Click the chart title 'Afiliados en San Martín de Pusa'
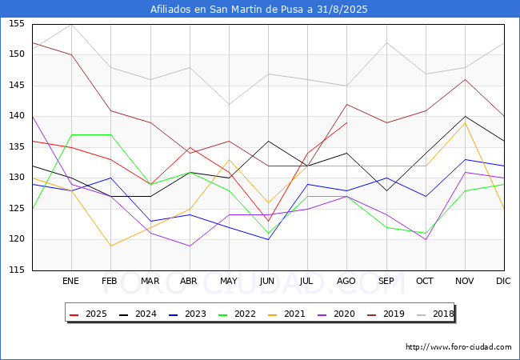(x=259, y=9)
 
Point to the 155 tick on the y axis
(x=16, y=24)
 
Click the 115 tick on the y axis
(x=16, y=270)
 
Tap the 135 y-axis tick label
(x=16, y=147)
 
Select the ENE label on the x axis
(x=71, y=282)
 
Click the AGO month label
(x=346, y=282)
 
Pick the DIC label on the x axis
(x=503, y=282)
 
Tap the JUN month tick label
(x=268, y=282)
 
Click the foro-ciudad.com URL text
(x=458, y=347)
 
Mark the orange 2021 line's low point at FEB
(x=110, y=246)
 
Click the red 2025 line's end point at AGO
(x=346, y=122)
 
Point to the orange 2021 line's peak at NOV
(x=464, y=122)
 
